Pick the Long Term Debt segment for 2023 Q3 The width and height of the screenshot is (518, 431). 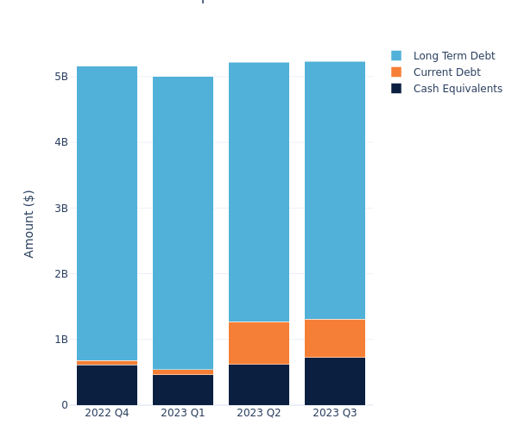click(x=335, y=190)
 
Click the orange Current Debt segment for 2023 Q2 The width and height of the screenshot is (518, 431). click(x=259, y=343)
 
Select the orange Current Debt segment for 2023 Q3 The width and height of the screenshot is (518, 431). click(x=335, y=338)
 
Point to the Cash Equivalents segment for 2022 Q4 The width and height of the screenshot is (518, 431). click(x=107, y=384)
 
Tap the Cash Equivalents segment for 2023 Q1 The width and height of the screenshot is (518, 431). click(x=183, y=390)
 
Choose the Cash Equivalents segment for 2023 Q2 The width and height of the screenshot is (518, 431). click(x=259, y=384)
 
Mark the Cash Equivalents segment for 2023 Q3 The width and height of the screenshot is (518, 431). click(x=335, y=381)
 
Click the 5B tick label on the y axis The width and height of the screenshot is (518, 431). click(x=60, y=77)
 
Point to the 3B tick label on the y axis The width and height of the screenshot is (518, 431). click(x=60, y=208)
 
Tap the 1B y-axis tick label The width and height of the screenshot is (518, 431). click(x=60, y=340)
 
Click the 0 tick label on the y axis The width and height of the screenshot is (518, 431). click(x=64, y=405)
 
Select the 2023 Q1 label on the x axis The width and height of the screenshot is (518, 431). click(x=183, y=413)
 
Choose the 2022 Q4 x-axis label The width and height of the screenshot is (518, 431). click(x=107, y=413)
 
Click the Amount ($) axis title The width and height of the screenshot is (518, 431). click(x=29, y=223)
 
